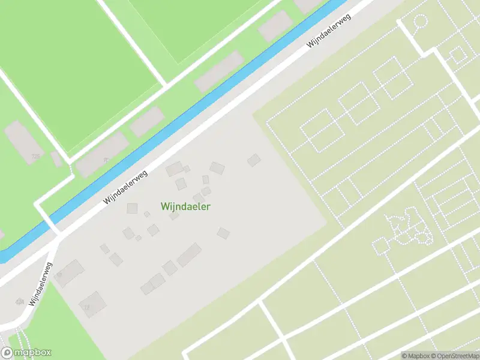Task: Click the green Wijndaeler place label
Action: click(185, 206)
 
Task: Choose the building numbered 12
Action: click(92, 304)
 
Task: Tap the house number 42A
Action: click(20, 302)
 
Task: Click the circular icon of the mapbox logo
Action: click(7, 353)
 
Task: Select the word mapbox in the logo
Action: click(32, 353)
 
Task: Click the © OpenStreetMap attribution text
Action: click(454, 355)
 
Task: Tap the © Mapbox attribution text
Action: click(415, 355)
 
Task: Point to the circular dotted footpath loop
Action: click(419, 22)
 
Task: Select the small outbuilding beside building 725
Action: click(56, 159)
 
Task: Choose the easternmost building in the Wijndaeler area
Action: click(254, 160)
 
